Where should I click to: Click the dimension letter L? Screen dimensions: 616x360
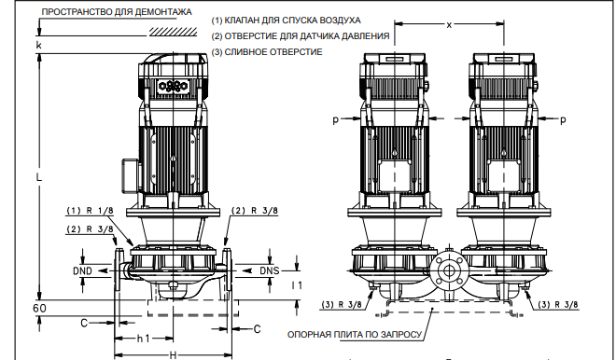(x=38, y=177)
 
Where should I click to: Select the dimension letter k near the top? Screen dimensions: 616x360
(x=38, y=46)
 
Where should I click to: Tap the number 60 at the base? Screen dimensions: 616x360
(x=39, y=308)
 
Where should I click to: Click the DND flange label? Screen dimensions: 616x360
(x=82, y=270)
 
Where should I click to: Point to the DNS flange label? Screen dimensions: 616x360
(x=270, y=270)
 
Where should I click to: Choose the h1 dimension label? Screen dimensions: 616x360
(x=143, y=339)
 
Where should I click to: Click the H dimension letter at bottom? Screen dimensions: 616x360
(x=173, y=355)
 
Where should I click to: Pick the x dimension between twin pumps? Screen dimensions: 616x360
(x=449, y=25)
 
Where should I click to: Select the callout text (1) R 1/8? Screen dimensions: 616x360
(x=90, y=211)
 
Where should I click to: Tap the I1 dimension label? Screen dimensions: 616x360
(x=297, y=285)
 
